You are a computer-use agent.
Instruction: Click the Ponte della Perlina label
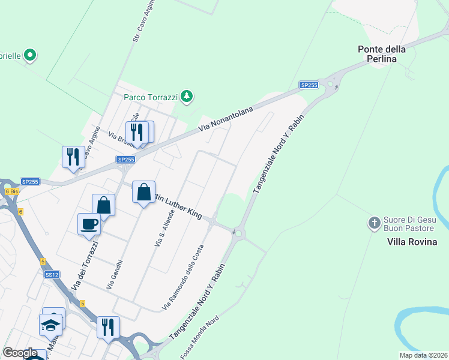point(382,55)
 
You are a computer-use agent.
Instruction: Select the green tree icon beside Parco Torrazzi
point(187,95)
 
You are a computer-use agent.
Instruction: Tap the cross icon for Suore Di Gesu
point(374,224)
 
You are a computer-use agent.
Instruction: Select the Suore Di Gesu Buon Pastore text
point(408,224)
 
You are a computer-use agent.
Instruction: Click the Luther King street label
point(180,205)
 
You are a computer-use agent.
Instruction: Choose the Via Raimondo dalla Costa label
point(184,277)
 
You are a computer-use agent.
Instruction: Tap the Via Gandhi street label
point(115,275)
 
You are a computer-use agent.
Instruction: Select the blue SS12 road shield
point(52,274)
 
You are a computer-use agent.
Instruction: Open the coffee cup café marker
point(89,224)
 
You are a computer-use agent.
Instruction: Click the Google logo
point(20,353)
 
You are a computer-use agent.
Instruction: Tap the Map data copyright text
point(423,355)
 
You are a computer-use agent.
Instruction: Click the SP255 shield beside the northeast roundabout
point(309,85)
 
